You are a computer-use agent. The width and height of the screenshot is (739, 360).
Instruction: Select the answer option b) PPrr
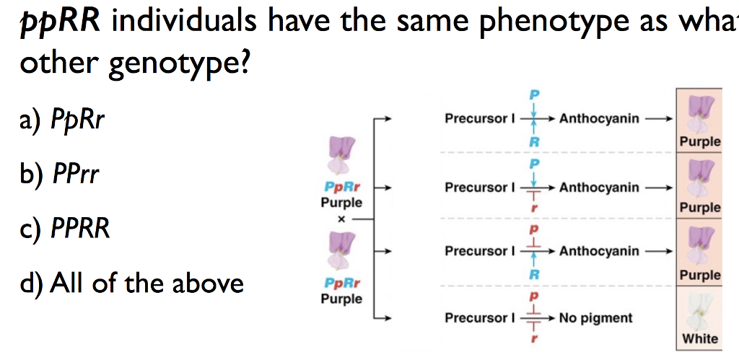tap(61, 174)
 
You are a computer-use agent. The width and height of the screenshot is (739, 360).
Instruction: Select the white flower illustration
tap(698, 312)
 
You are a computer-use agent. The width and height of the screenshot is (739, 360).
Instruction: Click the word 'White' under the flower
tap(699, 338)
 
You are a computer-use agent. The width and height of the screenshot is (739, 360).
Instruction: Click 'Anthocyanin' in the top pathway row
tap(599, 118)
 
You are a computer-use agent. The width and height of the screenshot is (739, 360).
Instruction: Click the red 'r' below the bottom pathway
tap(535, 336)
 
